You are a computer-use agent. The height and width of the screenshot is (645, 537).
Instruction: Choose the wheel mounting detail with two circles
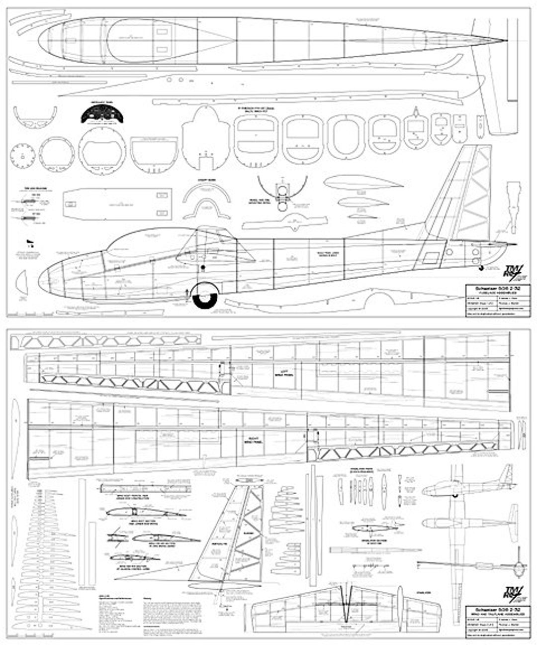(282, 197)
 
